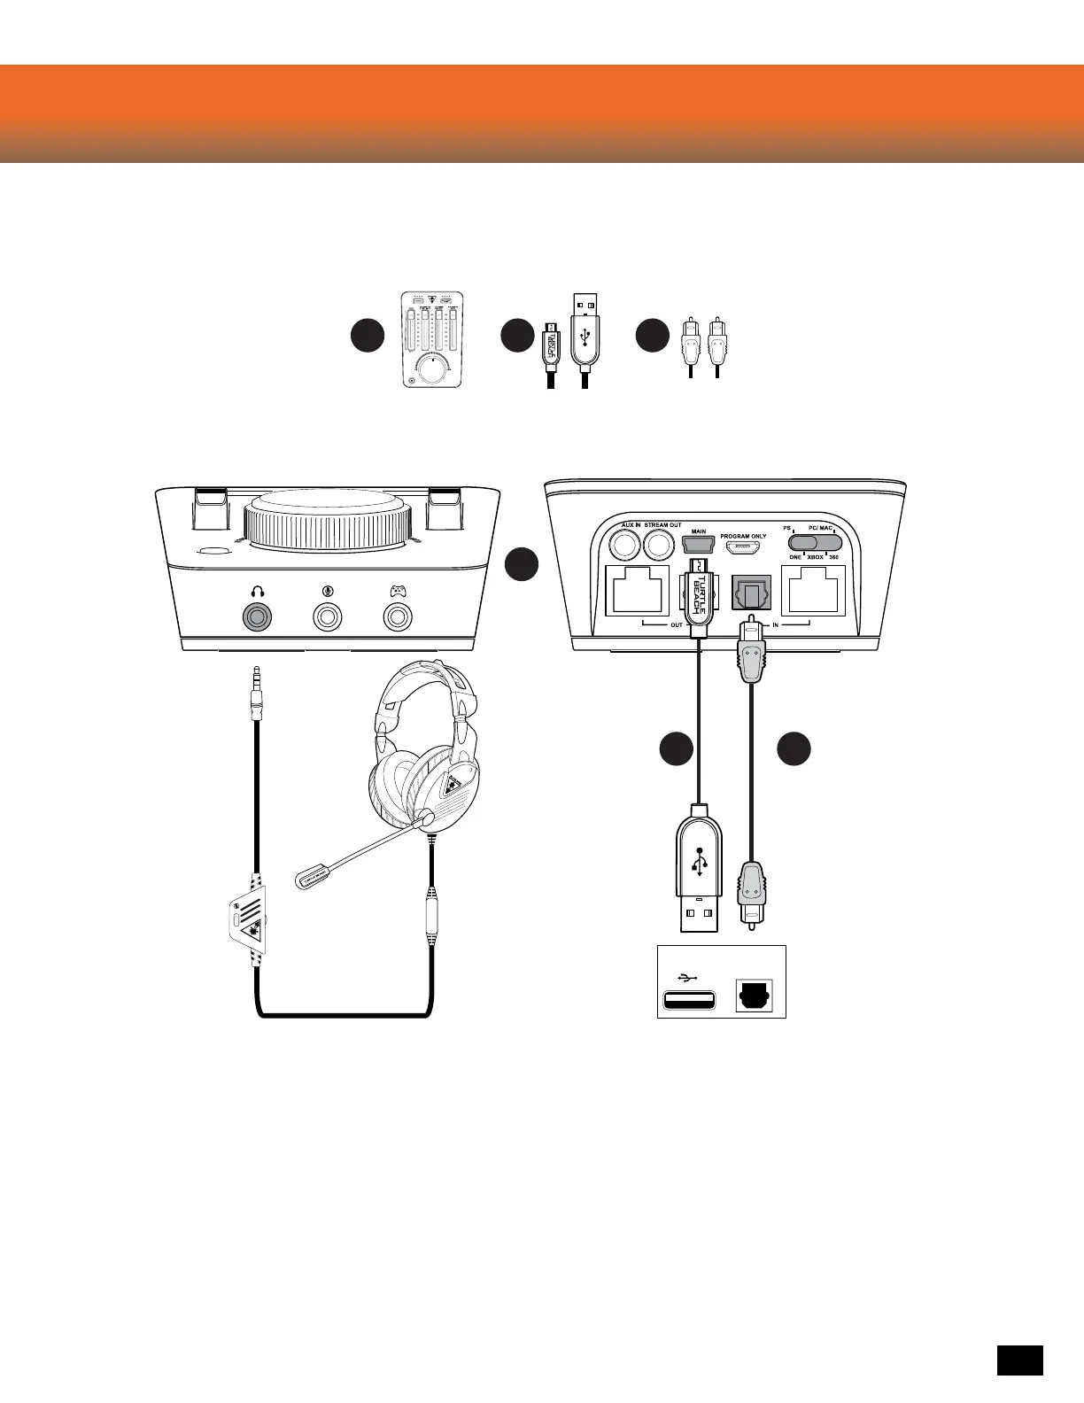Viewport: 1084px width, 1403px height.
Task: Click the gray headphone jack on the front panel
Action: [259, 617]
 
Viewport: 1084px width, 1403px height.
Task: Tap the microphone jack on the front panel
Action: [328, 617]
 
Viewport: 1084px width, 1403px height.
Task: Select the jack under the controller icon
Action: [398, 617]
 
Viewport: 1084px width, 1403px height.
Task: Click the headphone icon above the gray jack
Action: [259, 591]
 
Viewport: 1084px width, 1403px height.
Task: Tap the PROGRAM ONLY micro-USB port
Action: [742, 547]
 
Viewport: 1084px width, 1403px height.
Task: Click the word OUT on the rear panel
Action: [677, 625]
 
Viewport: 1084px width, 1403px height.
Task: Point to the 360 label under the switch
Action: [834, 558]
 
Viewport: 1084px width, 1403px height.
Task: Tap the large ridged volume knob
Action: [331, 523]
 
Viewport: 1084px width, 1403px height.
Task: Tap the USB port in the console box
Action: [689, 1002]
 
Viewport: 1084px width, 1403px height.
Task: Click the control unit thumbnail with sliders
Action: [432, 340]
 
